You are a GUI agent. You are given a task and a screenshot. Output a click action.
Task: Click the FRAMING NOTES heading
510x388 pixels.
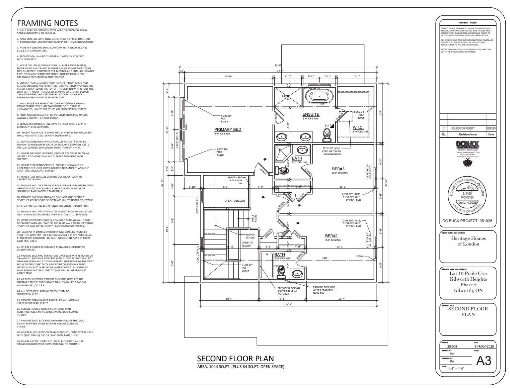[47, 23]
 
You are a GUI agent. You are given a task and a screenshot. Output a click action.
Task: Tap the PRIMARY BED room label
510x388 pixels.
[227, 129]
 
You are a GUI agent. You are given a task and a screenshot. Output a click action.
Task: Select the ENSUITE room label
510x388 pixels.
[311, 114]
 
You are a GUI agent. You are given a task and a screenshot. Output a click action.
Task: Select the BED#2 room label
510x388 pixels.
[333, 236]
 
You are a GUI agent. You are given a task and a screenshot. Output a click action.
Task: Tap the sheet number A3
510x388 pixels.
[484, 361]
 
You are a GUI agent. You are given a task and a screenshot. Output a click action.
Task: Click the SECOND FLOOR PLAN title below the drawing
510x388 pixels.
[235, 359]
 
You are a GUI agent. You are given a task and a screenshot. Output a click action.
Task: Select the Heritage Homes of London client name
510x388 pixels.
[468, 241]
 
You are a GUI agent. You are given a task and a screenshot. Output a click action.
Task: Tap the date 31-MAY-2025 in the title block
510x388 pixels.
[484, 347]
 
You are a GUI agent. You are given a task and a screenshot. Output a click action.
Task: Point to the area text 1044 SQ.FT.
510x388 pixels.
[241, 367]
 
